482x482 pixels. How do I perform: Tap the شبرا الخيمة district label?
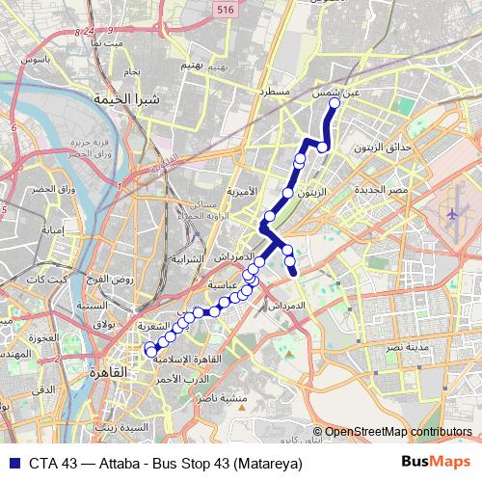click(117, 98)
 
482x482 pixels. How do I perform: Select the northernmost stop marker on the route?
click(335, 103)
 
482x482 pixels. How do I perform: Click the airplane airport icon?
click(453, 211)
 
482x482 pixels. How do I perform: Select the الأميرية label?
click(243, 191)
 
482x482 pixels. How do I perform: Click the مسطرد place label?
click(274, 92)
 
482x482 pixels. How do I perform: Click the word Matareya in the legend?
click(273, 464)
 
